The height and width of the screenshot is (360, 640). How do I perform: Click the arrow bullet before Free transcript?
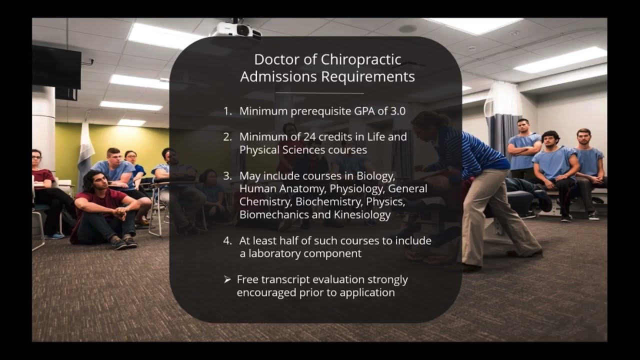[x=227, y=279]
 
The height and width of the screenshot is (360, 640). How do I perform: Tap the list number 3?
[x=227, y=176]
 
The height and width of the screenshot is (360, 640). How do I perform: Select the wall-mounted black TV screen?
[x=56, y=67]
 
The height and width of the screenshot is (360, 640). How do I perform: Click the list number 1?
[x=227, y=111]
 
